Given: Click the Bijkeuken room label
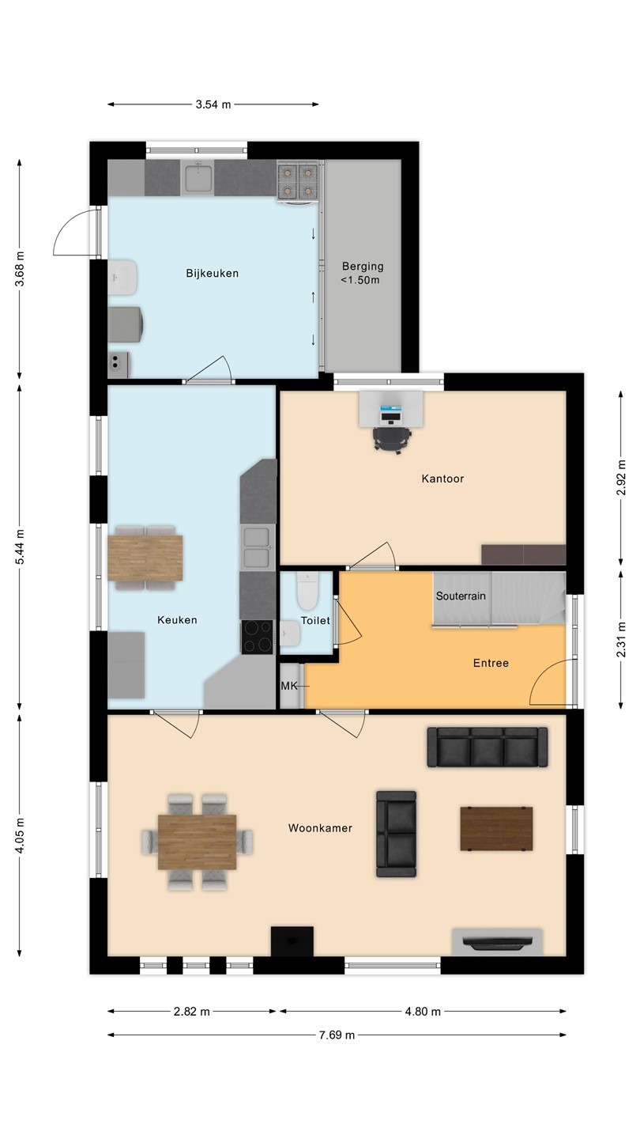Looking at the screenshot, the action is point(212,274).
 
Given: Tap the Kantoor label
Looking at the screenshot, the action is point(442,479).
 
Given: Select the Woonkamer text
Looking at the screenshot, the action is point(320,828).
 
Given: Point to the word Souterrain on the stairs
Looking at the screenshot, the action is point(461,596).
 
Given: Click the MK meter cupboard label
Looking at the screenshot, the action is point(289,686).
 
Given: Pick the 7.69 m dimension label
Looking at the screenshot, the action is point(337,1035).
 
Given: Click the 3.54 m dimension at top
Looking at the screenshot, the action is point(213,104).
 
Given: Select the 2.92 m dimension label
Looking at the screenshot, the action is point(621,478).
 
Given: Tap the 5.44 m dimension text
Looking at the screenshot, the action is point(20,547).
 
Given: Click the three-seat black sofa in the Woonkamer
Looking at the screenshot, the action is point(487,747).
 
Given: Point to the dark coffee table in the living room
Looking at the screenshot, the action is point(496,828).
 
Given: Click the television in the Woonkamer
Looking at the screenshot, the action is point(497,944).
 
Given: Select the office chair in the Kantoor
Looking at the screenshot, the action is point(392,439).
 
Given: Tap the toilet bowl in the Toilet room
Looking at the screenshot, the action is point(308,591).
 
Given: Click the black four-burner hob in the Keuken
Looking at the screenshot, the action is point(257,638).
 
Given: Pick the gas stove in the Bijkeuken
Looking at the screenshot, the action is point(298,182).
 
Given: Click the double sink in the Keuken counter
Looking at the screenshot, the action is point(258,547).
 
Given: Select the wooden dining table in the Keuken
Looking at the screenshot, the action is point(145,558).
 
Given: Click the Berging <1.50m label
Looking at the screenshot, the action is point(362,273).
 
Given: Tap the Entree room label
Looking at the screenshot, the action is point(491,663).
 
